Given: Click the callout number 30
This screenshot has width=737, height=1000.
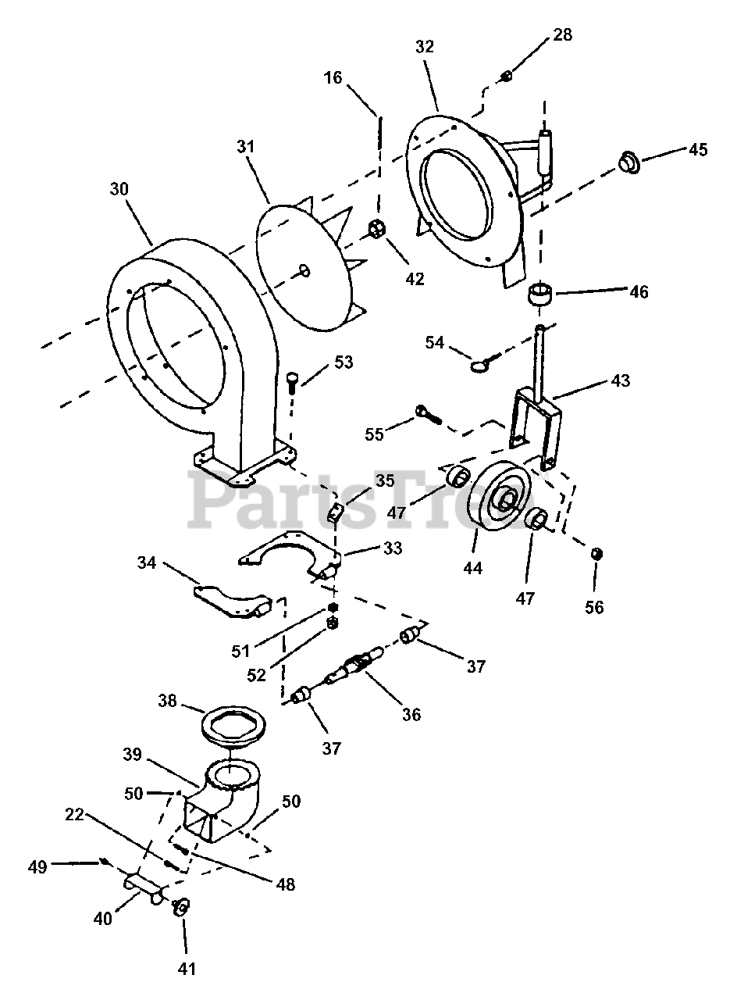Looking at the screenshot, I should point(119,190).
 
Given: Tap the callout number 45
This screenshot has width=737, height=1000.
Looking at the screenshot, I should point(697,149).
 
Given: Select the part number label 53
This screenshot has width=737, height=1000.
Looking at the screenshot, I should point(343,362).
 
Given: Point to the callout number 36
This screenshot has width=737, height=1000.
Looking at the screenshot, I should point(411,714).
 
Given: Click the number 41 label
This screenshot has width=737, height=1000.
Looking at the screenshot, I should point(185,969).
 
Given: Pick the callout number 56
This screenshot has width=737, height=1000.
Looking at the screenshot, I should point(594,606).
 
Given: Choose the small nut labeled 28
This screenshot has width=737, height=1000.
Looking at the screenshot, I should point(506,76).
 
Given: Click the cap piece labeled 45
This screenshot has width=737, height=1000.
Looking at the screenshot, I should point(628,162).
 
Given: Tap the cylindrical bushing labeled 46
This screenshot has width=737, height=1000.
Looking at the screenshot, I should point(539,297).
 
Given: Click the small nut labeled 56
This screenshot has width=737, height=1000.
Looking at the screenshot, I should point(596,553).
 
